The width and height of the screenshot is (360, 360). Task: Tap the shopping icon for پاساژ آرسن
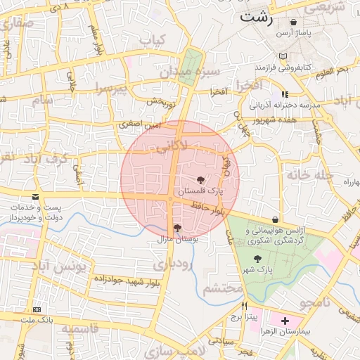[293, 23]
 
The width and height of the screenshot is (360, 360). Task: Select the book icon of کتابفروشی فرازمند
[283, 56]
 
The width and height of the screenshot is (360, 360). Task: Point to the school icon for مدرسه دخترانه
[284, 94]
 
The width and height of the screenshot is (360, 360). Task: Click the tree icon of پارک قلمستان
[201, 180]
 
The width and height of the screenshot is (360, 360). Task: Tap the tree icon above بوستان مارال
[177, 228]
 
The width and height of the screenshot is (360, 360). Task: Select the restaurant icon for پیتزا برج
[245, 306]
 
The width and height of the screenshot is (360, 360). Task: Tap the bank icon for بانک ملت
[37, 309]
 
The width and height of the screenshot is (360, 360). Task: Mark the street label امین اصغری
[139, 124]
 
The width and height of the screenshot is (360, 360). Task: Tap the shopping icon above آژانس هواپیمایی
[274, 220]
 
